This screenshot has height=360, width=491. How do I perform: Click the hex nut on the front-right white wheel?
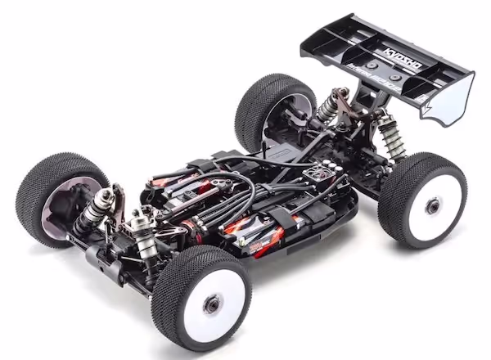[212, 304]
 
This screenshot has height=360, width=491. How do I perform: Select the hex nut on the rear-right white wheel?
[431, 205]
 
